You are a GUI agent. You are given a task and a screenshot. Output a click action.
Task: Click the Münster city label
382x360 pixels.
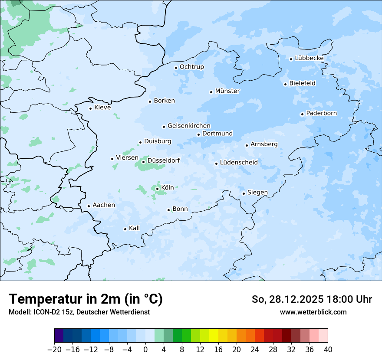227,91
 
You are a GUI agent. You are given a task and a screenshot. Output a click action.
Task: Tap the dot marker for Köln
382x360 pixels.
157,189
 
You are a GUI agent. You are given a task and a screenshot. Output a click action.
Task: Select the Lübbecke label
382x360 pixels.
309,58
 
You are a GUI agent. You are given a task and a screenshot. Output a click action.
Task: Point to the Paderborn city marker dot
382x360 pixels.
302,114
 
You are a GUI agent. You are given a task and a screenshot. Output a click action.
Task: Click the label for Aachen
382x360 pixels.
104,205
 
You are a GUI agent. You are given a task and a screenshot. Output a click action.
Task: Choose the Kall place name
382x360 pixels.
134,228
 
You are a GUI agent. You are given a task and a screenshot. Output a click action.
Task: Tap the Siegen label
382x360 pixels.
257,193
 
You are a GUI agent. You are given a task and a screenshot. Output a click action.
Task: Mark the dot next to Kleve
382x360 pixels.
90,108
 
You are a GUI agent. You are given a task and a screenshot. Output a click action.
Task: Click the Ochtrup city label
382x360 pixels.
191,67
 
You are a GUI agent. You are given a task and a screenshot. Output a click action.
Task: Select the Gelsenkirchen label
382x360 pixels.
189,126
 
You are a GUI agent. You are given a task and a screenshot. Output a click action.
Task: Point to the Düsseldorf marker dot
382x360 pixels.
143,162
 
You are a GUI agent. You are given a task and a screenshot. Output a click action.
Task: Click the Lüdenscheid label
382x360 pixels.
239,163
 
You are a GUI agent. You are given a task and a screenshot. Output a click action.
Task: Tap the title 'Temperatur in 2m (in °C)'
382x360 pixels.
86,299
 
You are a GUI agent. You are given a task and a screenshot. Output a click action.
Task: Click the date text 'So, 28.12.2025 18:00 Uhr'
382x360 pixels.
312,299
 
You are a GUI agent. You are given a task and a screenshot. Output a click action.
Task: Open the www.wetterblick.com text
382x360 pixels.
313,312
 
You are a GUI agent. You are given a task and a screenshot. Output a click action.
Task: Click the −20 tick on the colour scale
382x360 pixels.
55,349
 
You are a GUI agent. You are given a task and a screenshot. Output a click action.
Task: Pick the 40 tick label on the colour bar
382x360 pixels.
328,349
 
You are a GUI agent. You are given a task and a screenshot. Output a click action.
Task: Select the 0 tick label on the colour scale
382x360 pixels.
145,349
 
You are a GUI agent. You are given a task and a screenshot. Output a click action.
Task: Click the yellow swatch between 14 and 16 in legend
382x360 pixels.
214,336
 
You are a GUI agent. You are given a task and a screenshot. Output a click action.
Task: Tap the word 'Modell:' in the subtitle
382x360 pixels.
19,312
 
